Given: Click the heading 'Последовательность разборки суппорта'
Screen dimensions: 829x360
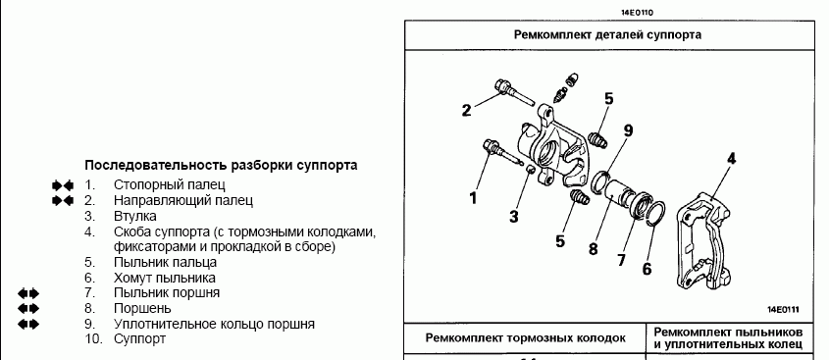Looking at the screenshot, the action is click(x=221, y=165).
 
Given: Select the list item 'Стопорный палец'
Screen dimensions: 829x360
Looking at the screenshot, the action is click(x=169, y=185).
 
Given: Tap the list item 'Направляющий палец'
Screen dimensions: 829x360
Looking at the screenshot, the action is click(x=183, y=200).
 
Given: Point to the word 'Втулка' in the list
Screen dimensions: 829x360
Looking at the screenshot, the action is click(x=134, y=216).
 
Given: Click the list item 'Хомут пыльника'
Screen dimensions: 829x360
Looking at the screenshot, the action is click(x=165, y=278).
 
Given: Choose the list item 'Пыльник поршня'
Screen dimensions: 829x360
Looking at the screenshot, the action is click(x=167, y=293).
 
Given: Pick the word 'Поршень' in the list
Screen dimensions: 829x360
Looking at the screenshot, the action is click(x=142, y=308).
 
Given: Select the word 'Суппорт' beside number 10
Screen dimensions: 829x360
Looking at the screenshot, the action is click(x=139, y=338).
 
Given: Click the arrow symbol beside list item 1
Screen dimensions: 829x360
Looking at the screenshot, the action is click(x=63, y=185).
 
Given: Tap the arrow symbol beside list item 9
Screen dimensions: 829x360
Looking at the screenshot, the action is click(x=28, y=324).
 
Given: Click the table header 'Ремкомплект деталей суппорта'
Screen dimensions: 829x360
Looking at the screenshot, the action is click(x=607, y=35).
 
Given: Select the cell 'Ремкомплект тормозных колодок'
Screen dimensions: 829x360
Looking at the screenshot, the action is click(x=526, y=337).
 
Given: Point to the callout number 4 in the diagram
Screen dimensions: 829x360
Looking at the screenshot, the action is click(x=732, y=158).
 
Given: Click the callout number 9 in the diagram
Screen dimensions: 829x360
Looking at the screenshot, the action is click(x=628, y=130).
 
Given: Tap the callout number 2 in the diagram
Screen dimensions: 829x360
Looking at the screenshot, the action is click(x=466, y=111).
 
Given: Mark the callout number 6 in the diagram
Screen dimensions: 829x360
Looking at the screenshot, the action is click(x=648, y=269).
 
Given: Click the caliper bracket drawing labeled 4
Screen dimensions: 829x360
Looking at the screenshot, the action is click(x=704, y=242).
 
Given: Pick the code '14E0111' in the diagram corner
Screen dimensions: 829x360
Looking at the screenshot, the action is click(x=784, y=310).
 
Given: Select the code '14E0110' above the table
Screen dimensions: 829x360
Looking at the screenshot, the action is click(x=640, y=12).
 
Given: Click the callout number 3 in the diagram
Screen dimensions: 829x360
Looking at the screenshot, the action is click(x=514, y=216).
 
